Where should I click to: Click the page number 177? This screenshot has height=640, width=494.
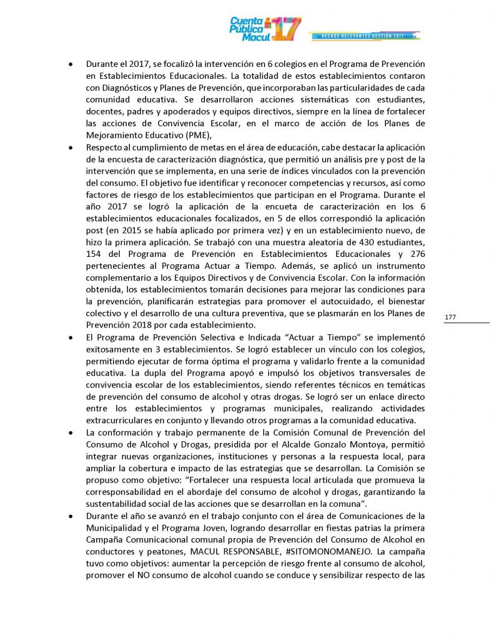coord(450,317)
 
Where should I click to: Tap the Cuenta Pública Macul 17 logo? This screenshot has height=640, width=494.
coord(265,29)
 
